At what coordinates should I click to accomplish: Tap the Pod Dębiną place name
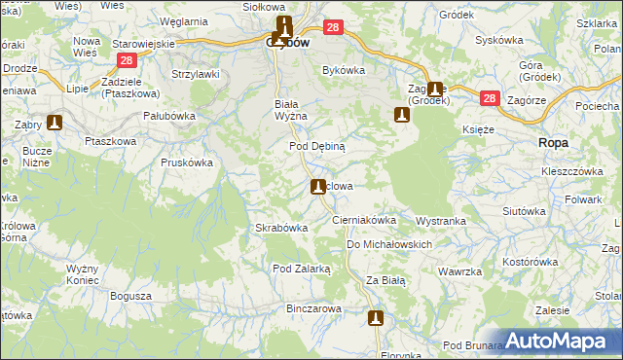point(317,145)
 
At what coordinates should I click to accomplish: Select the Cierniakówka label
point(364,220)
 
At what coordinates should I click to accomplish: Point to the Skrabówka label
point(281,228)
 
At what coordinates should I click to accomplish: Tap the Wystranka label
point(441,221)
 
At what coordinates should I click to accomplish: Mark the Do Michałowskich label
point(388,244)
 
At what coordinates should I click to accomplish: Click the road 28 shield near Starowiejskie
point(125,60)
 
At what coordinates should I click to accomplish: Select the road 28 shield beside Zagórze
point(489,99)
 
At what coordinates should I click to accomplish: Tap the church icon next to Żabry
point(55,123)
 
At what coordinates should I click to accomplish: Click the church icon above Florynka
point(376,317)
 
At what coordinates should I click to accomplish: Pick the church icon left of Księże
point(400,116)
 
